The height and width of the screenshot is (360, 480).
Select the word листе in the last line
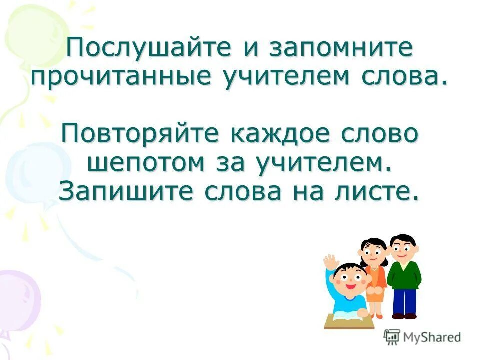click(x=374, y=192)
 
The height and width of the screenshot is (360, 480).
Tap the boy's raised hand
click(x=330, y=262)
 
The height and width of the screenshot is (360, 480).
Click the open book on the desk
click(x=348, y=316)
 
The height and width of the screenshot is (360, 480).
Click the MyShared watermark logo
click(x=422, y=337)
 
